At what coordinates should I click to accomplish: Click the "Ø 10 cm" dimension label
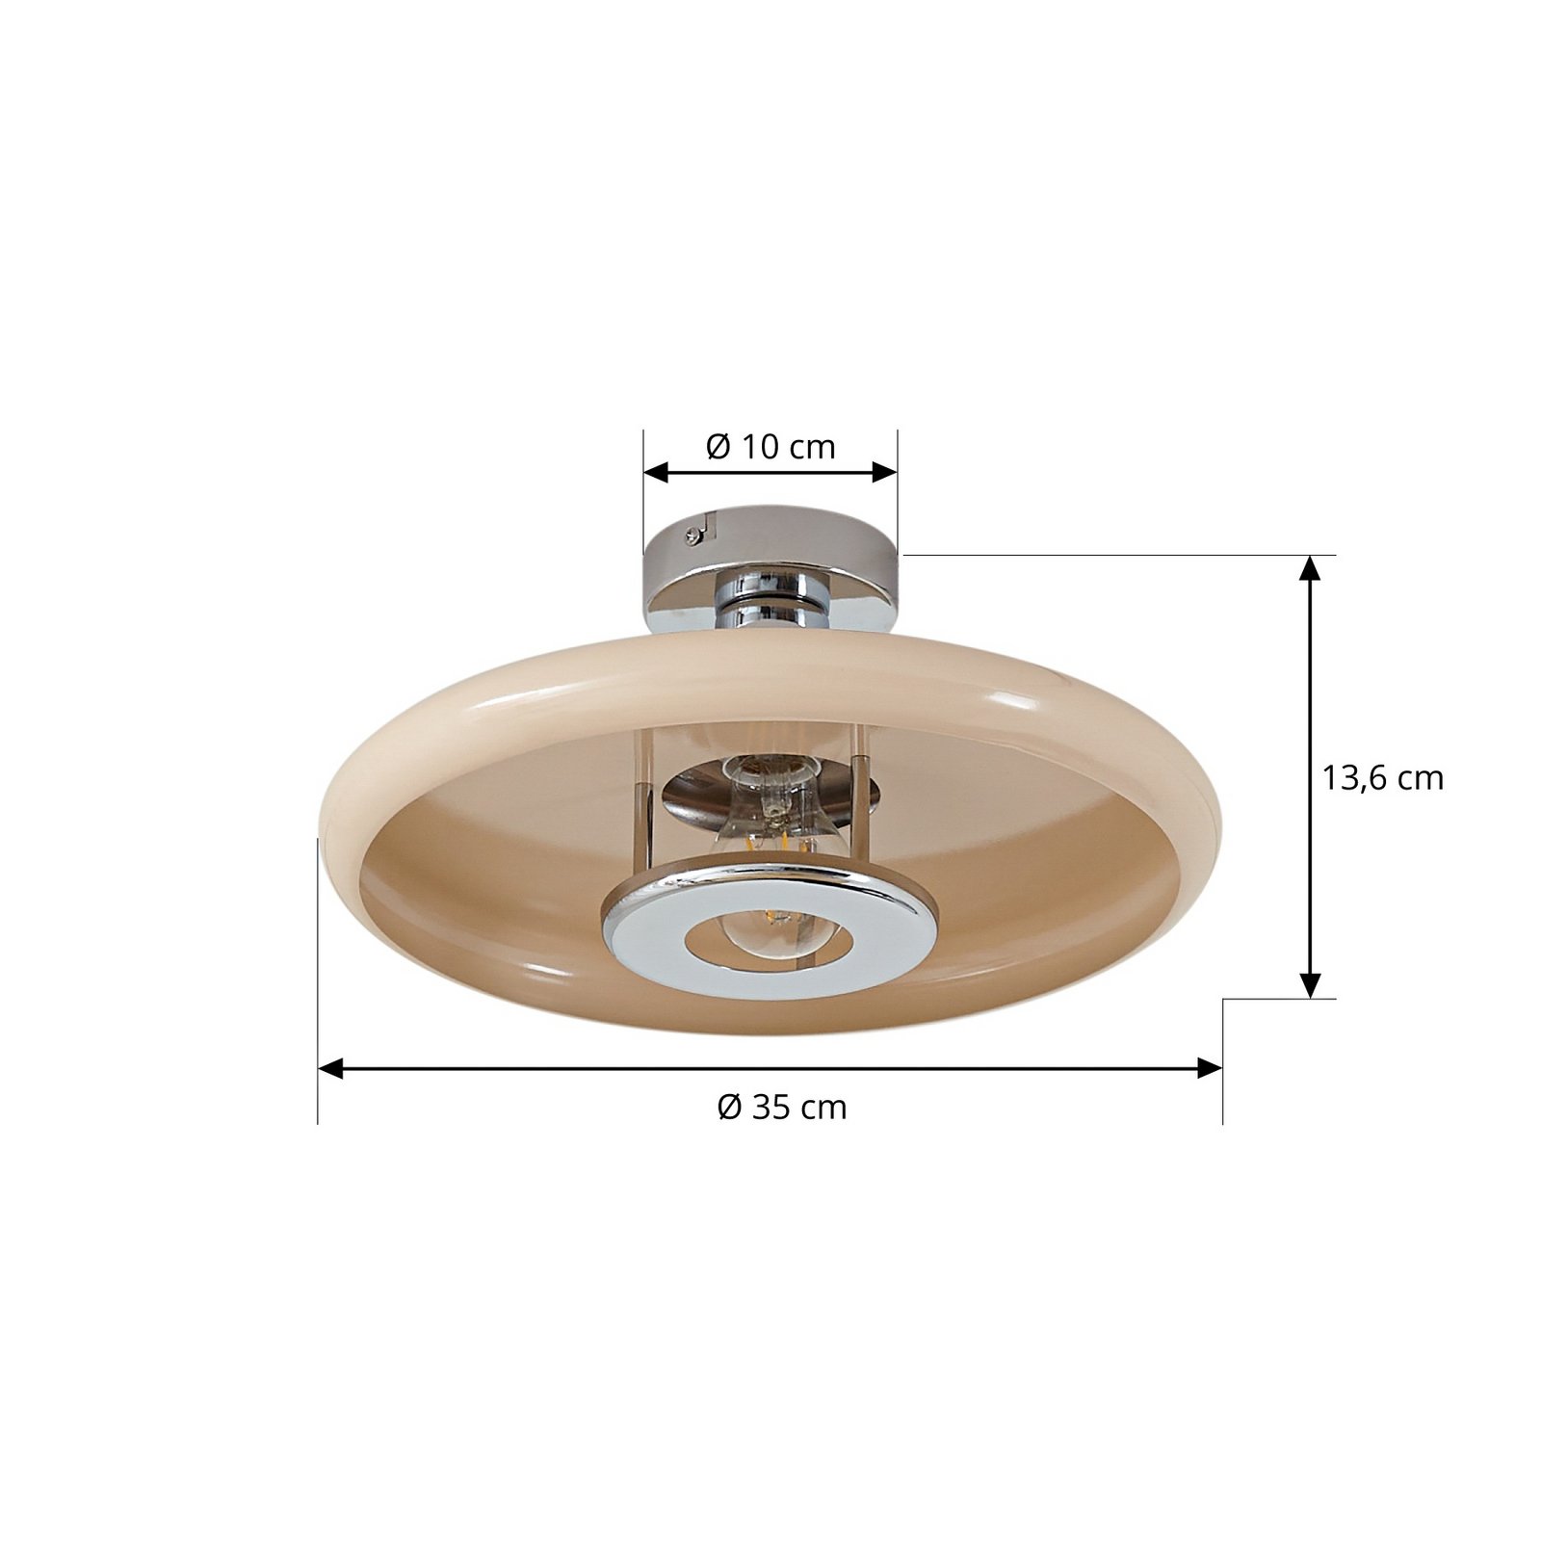[770, 447]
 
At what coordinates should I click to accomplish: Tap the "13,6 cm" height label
[1382, 778]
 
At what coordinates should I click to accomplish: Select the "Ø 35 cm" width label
[782, 1108]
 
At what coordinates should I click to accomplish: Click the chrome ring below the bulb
[769, 931]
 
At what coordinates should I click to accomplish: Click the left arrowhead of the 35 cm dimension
[330, 1068]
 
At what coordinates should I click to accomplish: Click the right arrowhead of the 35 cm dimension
[1210, 1068]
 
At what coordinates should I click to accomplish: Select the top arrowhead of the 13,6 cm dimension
[1309, 568]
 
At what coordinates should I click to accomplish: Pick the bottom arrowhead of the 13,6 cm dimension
[1309, 985]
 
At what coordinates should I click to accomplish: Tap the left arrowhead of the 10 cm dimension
[656, 472]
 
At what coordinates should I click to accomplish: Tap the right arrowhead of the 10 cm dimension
[885, 472]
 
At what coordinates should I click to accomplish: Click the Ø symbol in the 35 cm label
[729, 1108]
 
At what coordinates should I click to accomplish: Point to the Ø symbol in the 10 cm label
[718, 447]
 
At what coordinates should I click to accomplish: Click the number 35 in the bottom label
[770, 1108]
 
